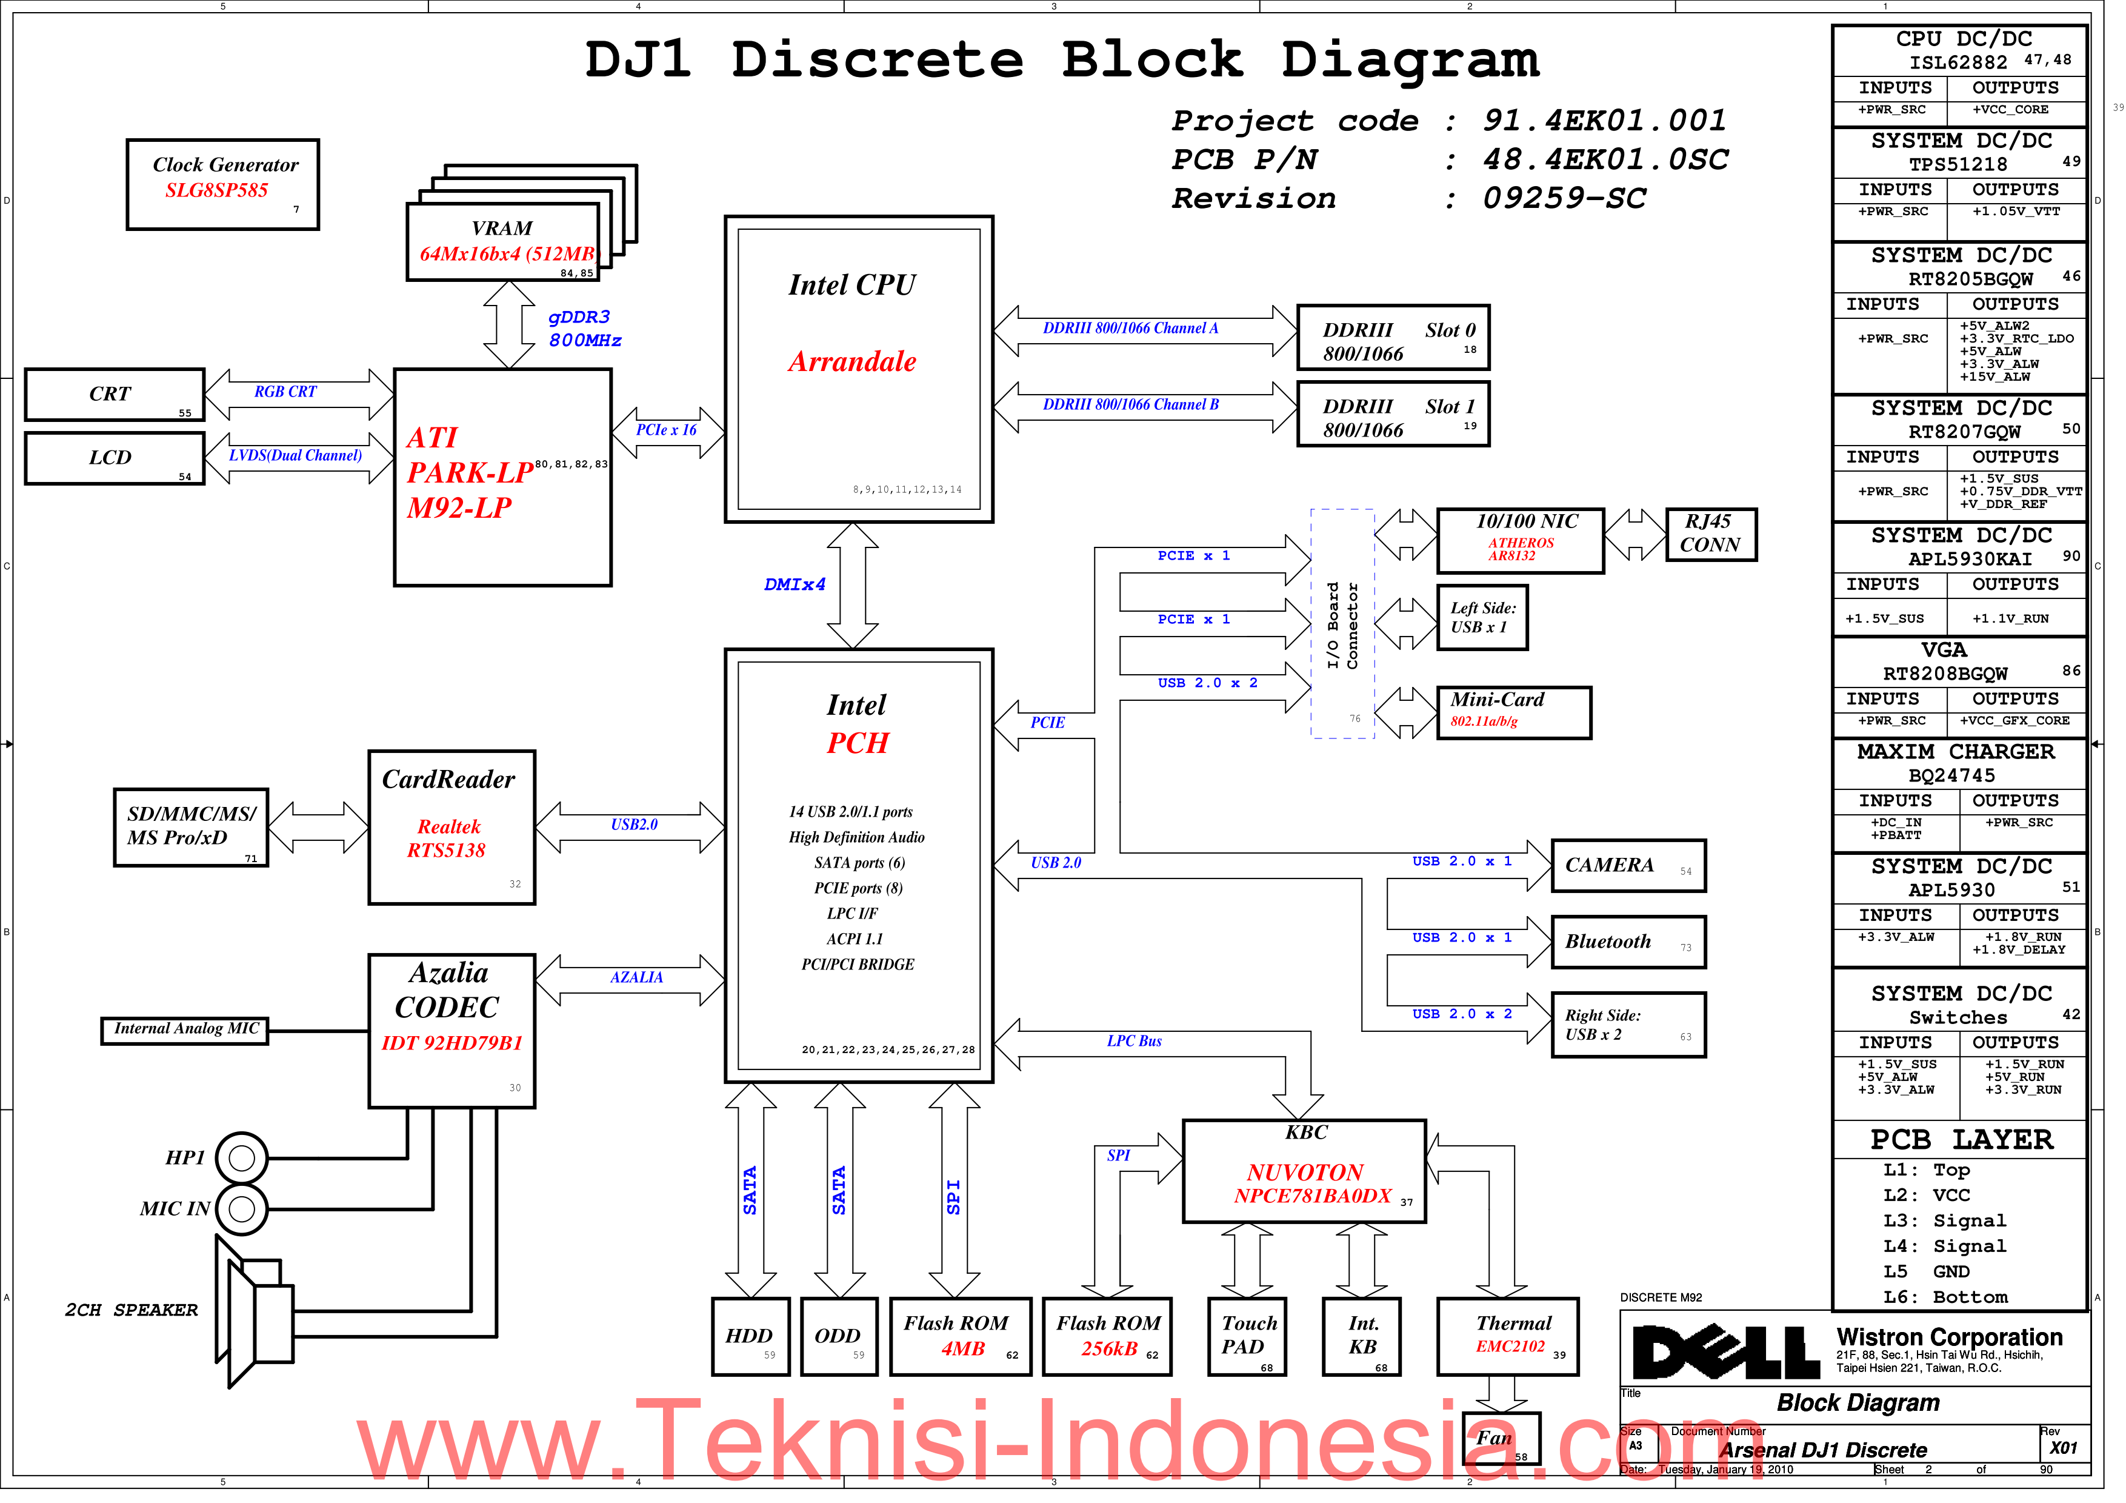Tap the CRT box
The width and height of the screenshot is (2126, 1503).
[115, 397]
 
